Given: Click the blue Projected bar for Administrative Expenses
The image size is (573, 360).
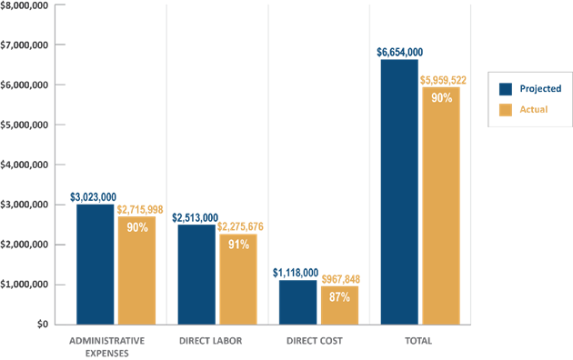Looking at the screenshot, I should click(x=95, y=264).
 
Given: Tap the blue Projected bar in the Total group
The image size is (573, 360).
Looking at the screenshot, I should click(x=399, y=191).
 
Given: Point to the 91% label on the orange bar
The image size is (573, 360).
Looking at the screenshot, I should click(x=239, y=244).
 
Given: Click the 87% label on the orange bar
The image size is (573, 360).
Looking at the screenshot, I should click(x=340, y=297).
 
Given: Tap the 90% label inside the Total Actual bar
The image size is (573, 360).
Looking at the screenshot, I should click(x=442, y=98).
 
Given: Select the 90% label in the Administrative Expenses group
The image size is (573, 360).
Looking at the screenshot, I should click(x=137, y=227).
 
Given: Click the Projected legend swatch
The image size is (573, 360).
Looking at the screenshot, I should click(x=506, y=89).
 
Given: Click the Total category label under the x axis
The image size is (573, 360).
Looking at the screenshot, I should click(x=418, y=340).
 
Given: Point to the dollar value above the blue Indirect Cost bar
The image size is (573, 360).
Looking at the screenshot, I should click(x=297, y=272).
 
